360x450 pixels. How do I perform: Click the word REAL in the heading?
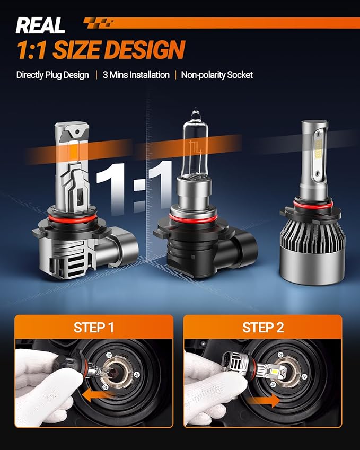tap(40, 25)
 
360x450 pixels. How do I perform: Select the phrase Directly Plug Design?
tap(52, 75)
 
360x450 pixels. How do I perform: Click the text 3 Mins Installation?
tap(136, 75)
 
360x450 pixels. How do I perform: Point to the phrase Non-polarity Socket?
tap(217, 75)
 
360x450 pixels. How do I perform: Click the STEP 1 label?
tap(94, 328)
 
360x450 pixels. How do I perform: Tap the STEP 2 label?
tap(263, 328)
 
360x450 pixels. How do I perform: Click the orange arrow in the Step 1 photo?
tap(95, 396)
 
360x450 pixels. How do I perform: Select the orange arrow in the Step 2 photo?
tap(264, 400)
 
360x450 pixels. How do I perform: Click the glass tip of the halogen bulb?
tap(195, 113)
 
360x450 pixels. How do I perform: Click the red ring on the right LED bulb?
tap(313, 204)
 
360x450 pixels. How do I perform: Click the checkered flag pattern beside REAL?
tap(99, 23)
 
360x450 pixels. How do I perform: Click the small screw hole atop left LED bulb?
tap(77, 133)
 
